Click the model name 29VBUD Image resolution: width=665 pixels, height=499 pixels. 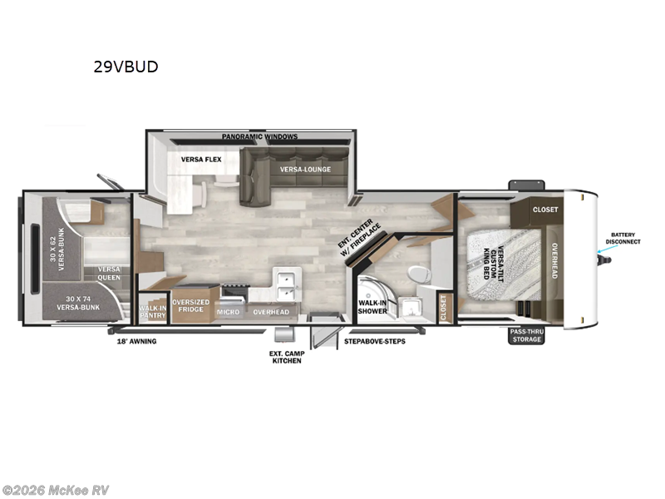pos(126,67)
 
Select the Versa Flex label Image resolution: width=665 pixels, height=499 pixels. pos(200,159)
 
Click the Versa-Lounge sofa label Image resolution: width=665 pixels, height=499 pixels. pos(305,170)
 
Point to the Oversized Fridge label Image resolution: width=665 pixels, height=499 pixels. pos(190,306)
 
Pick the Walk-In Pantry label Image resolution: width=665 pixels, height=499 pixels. pos(153,312)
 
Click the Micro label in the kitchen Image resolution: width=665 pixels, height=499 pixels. pos(228,312)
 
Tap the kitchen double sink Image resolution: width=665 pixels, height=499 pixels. pos(288,284)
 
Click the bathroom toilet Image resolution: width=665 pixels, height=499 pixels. pos(417,272)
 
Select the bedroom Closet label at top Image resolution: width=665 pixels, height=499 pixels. pos(545,210)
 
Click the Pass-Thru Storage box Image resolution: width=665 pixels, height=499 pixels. pos(526,335)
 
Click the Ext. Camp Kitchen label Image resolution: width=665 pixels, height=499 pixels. pos(285,357)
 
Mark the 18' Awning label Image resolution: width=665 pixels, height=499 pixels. pos(136,341)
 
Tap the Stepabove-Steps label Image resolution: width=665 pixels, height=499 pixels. pos(374,341)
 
